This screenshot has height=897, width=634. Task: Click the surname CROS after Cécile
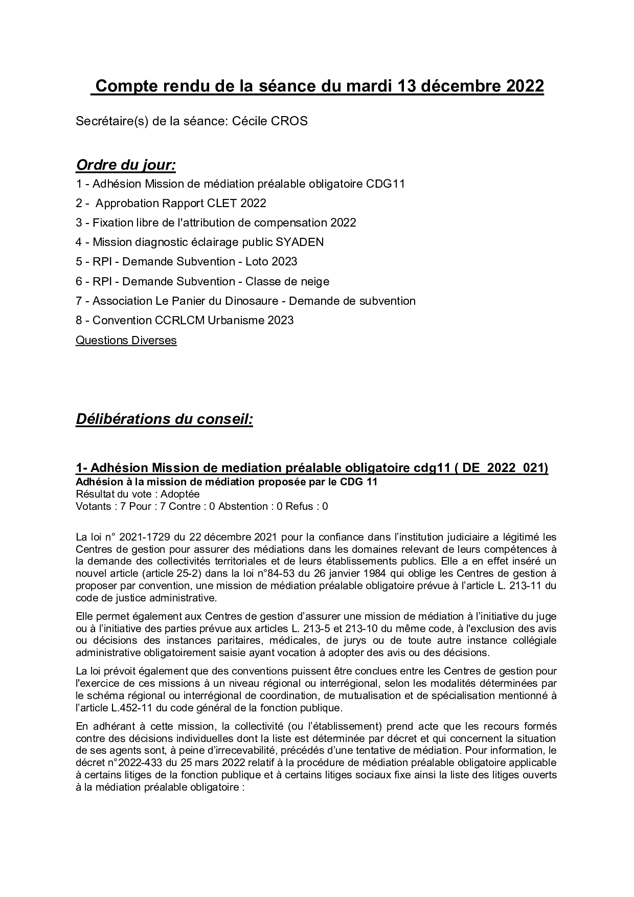click(292, 121)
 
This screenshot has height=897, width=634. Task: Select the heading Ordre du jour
click(126, 165)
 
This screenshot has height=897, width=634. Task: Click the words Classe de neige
click(287, 281)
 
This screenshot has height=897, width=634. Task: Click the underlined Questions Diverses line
click(126, 340)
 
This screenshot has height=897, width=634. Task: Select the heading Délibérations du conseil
click(164, 419)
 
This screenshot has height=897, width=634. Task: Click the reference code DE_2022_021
click(503, 468)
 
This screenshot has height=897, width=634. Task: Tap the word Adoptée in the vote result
click(180, 494)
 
